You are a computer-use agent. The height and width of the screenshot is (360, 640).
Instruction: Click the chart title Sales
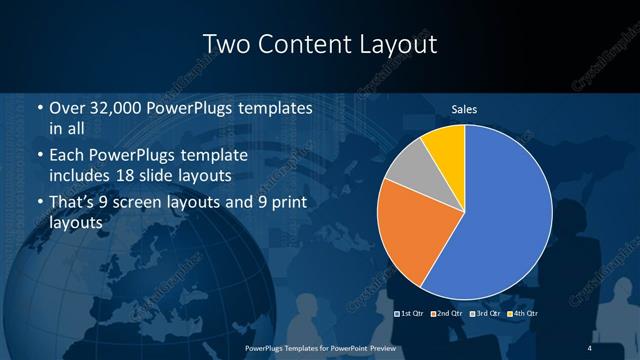point(464,108)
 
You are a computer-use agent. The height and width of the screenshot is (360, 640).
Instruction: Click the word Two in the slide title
point(227,45)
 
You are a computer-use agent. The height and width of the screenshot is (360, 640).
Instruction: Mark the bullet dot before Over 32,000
point(39,108)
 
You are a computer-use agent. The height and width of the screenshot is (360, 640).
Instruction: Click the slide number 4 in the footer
point(589,346)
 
